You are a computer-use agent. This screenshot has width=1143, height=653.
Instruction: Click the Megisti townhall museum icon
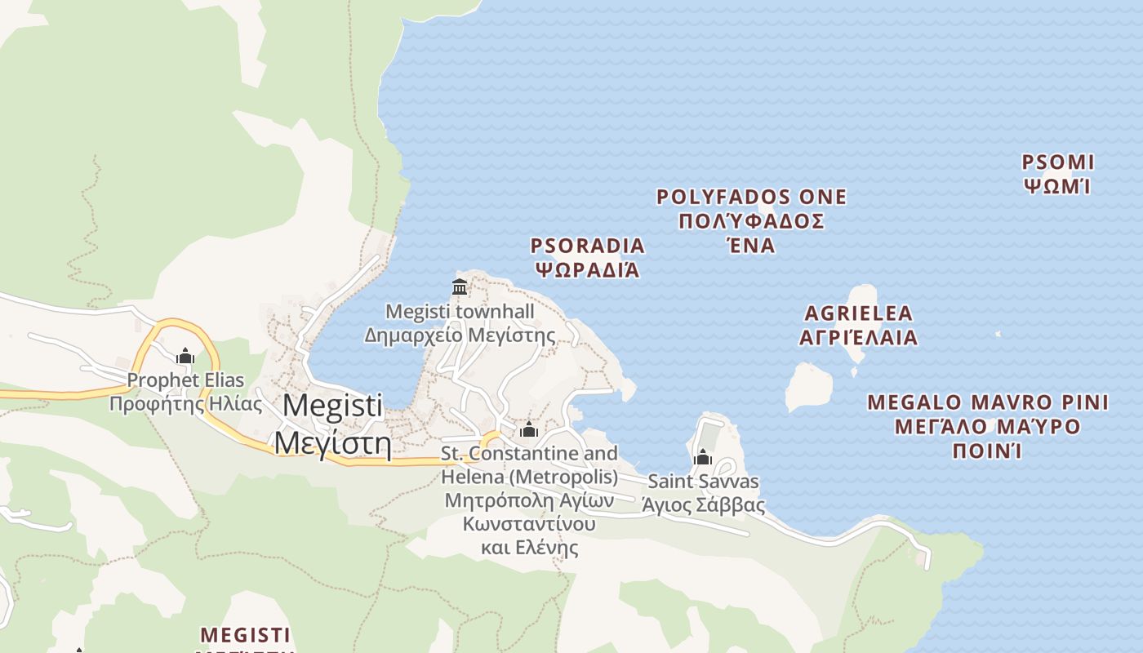click(x=460, y=287)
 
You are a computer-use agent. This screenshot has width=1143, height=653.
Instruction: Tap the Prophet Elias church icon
click(x=185, y=356)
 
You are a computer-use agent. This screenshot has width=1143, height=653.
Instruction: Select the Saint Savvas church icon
click(x=703, y=457)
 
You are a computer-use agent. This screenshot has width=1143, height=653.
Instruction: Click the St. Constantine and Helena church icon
click(x=528, y=429)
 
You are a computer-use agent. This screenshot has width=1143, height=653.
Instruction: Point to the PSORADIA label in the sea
click(x=587, y=246)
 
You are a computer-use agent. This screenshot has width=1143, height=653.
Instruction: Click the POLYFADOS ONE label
click(x=751, y=197)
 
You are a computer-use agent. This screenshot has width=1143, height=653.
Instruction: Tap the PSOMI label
click(x=1058, y=162)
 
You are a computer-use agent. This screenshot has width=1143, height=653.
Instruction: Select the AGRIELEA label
click(x=858, y=313)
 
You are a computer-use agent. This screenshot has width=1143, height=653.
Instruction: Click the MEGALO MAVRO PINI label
click(x=988, y=402)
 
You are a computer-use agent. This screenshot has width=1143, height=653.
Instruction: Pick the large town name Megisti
click(x=332, y=405)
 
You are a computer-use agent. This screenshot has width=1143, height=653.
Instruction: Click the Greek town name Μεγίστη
click(x=332, y=442)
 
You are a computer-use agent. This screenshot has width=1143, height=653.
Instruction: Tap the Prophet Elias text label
click(x=185, y=380)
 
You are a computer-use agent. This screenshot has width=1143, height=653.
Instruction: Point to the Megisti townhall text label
click(x=460, y=312)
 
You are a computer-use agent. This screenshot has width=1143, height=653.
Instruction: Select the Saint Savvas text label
click(x=703, y=482)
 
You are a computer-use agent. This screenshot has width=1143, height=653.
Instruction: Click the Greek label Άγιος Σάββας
click(x=703, y=505)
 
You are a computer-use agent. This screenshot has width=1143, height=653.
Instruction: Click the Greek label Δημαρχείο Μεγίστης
click(x=460, y=335)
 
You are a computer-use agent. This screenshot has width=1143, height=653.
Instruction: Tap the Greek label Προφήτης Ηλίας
click(x=185, y=403)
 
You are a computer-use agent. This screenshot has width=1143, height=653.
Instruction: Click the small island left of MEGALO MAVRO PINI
click(x=808, y=386)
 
